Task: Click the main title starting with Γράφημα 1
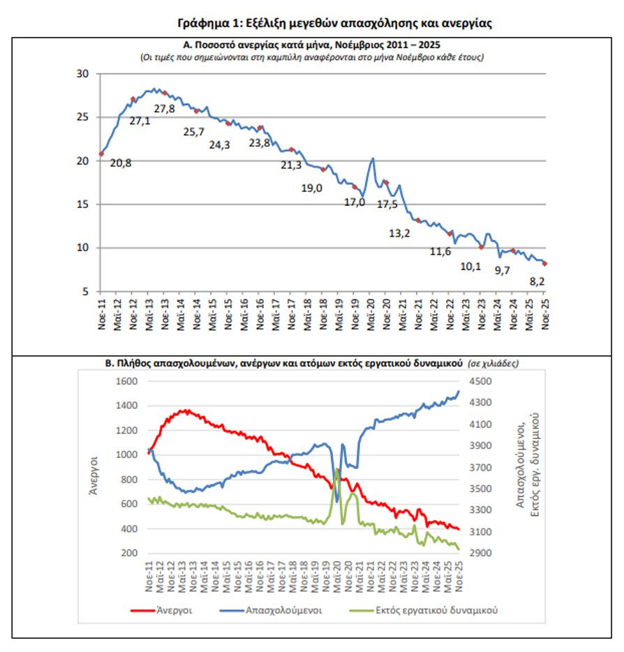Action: tap(334, 23)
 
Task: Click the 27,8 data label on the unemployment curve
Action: tap(165, 108)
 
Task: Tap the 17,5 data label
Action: tap(389, 204)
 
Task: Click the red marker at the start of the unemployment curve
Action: tap(101, 154)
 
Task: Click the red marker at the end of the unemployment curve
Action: tap(544, 264)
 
